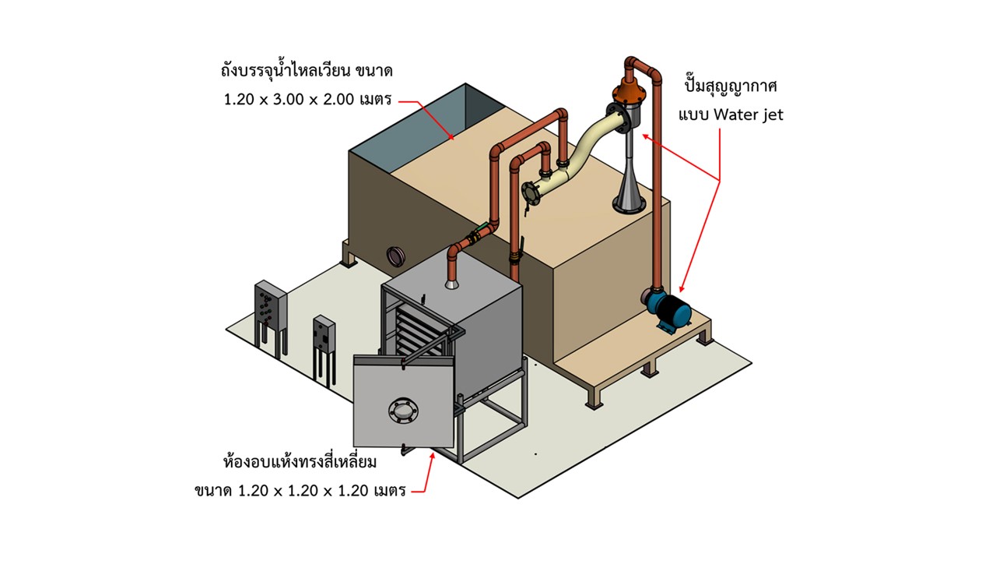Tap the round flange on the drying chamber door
click(x=402, y=410)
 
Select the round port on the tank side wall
click(x=397, y=255)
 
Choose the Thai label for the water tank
click(x=307, y=71)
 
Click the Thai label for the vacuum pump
click(x=731, y=85)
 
